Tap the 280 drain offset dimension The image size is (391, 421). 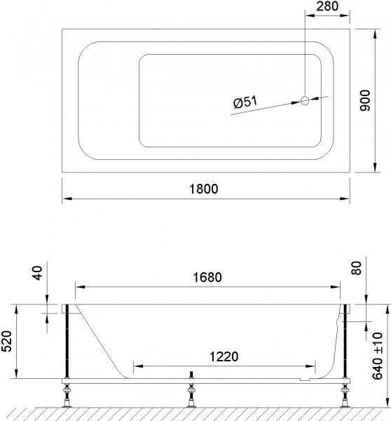click(328, 8)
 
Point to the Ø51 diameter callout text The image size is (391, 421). click(245, 103)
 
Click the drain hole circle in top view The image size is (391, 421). click(305, 100)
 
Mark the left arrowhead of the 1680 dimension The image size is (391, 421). click(79, 287)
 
